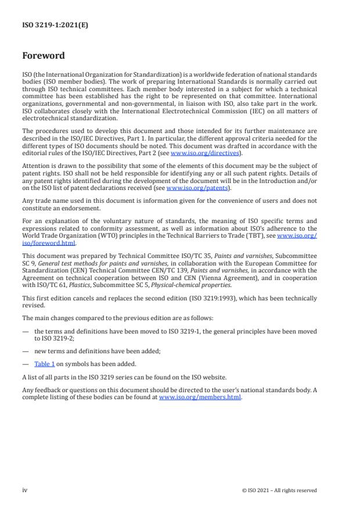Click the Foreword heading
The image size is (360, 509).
click(x=44, y=56)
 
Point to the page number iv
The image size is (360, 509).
click(x=24, y=490)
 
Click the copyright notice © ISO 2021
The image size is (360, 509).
click(x=279, y=490)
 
